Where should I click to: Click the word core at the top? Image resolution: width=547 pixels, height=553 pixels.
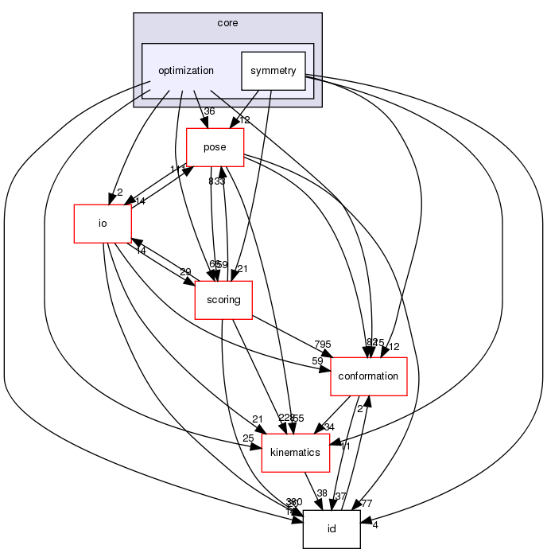click(227, 22)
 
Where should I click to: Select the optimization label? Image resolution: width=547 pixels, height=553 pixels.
click(185, 70)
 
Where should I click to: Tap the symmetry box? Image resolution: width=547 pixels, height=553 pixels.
click(273, 71)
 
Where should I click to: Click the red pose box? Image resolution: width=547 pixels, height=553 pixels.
click(215, 147)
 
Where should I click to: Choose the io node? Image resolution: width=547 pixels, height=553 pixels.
click(102, 223)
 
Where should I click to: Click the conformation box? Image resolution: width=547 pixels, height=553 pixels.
click(368, 376)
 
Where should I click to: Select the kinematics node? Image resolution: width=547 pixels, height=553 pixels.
click(296, 452)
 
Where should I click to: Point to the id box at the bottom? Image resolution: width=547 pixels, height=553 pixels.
click(332, 529)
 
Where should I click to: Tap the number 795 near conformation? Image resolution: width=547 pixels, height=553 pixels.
click(323, 344)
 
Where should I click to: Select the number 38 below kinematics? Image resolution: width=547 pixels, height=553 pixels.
click(321, 493)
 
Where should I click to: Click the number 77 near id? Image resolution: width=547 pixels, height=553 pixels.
click(366, 503)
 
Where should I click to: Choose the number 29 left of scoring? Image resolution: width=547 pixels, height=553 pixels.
click(186, 272)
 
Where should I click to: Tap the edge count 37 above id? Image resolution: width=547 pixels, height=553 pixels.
click(340, 497)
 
